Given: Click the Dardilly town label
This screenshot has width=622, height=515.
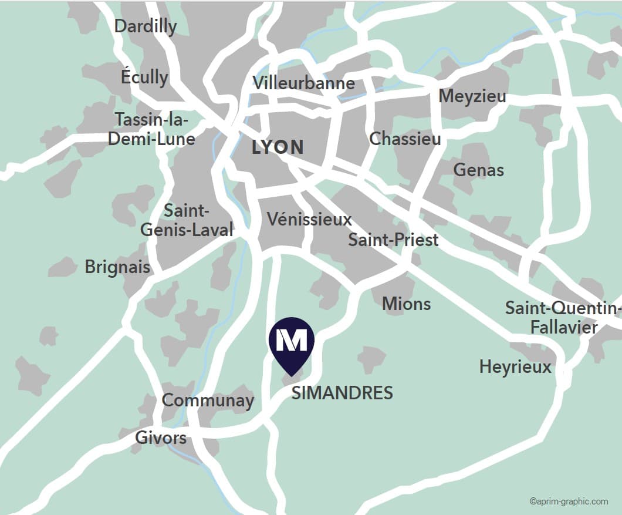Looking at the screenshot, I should tap(145, 26).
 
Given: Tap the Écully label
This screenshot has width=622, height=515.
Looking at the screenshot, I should tap(144, 77).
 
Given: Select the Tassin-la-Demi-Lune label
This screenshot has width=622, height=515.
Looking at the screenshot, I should tap(155, 129).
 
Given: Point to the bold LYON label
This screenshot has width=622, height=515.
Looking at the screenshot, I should tap(278, 147).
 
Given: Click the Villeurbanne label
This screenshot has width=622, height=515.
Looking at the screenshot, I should tap(304, 83).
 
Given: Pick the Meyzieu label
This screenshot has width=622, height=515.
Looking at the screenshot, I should tap(472, 96).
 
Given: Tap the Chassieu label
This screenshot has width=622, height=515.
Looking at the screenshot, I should tap(405, 139).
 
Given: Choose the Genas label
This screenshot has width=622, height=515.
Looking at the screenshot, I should tap(479, 170).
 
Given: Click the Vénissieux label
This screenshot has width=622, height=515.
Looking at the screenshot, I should tap(309, 219).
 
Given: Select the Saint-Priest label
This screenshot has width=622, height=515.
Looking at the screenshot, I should tap(393, 240).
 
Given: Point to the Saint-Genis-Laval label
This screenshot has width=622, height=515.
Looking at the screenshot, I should tap(187, 220).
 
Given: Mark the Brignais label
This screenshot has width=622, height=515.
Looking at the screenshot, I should tap(117, 267).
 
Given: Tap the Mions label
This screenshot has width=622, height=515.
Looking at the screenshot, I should tap(406, 304).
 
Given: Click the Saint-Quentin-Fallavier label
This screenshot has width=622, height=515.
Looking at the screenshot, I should tap(563, 317).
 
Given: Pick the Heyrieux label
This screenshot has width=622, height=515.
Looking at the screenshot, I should tap(515, 367).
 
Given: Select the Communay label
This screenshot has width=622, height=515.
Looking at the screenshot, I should tap(208, 400).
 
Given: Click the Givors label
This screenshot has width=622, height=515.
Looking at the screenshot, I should tap(161, 437).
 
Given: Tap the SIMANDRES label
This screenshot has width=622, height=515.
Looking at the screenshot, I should tap(342, 393).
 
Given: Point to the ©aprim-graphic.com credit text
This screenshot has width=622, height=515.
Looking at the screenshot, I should tap(568, 501).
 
